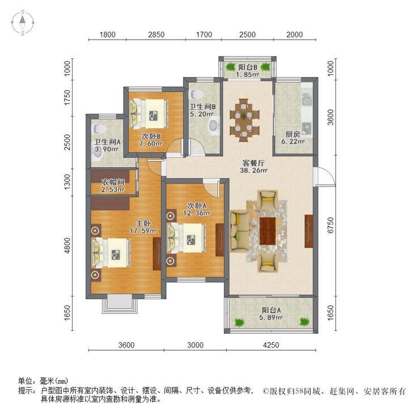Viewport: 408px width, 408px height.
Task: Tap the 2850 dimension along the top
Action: coord(156,35)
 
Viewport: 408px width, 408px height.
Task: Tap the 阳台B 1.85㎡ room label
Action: coord(248,70)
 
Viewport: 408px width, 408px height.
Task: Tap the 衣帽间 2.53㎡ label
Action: coord(112,186)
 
